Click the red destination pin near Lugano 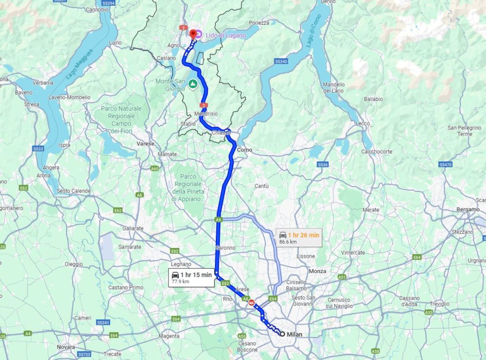coord(193,34)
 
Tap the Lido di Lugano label coord(225,35)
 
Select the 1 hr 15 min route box coord(191,277)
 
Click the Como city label coord(245,150)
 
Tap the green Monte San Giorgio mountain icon coord(193,85)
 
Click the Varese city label coord(145,143)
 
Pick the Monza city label coord(318,271)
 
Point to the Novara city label coord(66,347)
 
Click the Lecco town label coord(363,123)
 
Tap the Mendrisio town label coord(206,114)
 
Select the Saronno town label coord(225,248)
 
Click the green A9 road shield coord(218,220)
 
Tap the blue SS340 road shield coord(281,62)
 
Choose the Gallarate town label coord(133,228)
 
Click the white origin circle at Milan coord(282,334)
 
